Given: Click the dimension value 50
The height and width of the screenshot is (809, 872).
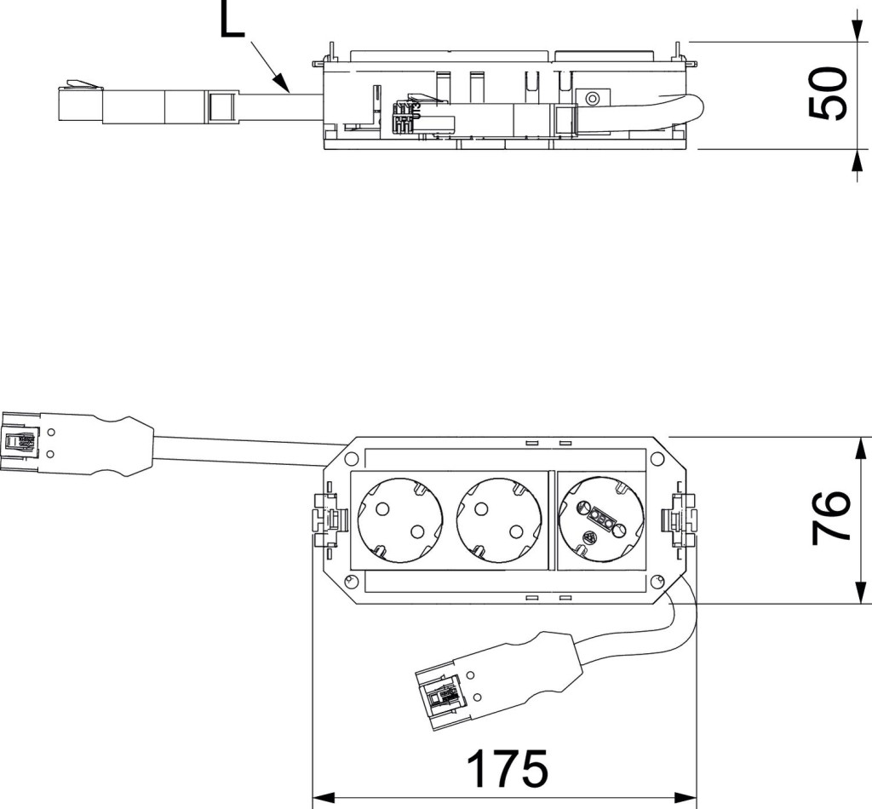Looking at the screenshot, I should pos(827,95).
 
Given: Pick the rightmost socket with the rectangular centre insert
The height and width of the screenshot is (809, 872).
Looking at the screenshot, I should pos(599,519).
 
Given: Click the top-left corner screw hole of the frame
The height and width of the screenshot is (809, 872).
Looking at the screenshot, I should pos(351,460).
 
